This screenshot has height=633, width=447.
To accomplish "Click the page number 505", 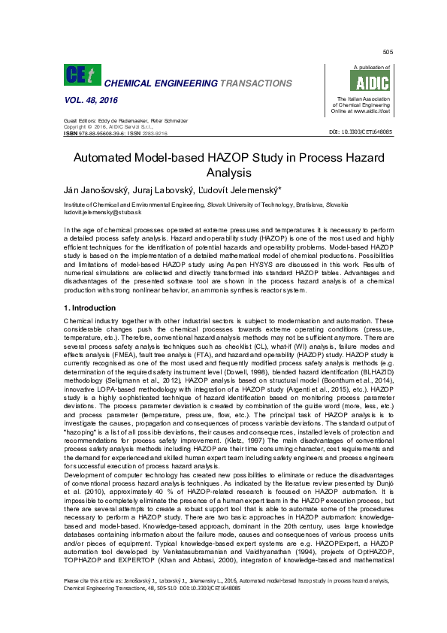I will coord(388,52).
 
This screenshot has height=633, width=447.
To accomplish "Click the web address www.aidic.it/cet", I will coord(373,111).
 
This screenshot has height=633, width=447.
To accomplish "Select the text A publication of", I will coord(367,68).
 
